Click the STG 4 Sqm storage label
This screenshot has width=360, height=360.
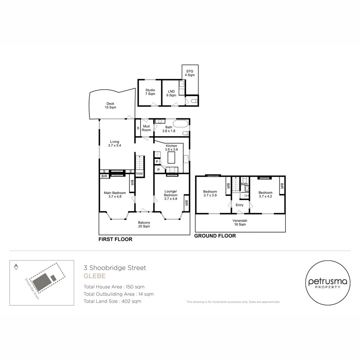190,73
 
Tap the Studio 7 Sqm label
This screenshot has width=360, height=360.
150,92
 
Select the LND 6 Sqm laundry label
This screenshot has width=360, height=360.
171,93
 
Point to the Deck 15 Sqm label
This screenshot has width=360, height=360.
110,105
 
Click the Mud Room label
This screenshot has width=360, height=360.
146,128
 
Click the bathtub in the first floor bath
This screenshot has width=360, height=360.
180,124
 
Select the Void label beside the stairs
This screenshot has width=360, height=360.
139,173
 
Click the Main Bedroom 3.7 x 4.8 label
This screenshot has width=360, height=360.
115,195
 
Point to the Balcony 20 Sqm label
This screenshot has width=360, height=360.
144,224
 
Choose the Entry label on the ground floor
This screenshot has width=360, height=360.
239,205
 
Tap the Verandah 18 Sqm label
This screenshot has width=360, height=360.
240,222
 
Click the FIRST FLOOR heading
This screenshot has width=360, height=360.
115,239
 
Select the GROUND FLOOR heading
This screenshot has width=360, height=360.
215,236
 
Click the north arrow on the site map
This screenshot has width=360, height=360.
16,267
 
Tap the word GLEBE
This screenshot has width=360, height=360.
95,276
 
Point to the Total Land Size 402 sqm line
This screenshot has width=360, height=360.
113,301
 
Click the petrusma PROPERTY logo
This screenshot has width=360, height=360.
328,283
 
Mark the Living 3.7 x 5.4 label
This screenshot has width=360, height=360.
115,143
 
